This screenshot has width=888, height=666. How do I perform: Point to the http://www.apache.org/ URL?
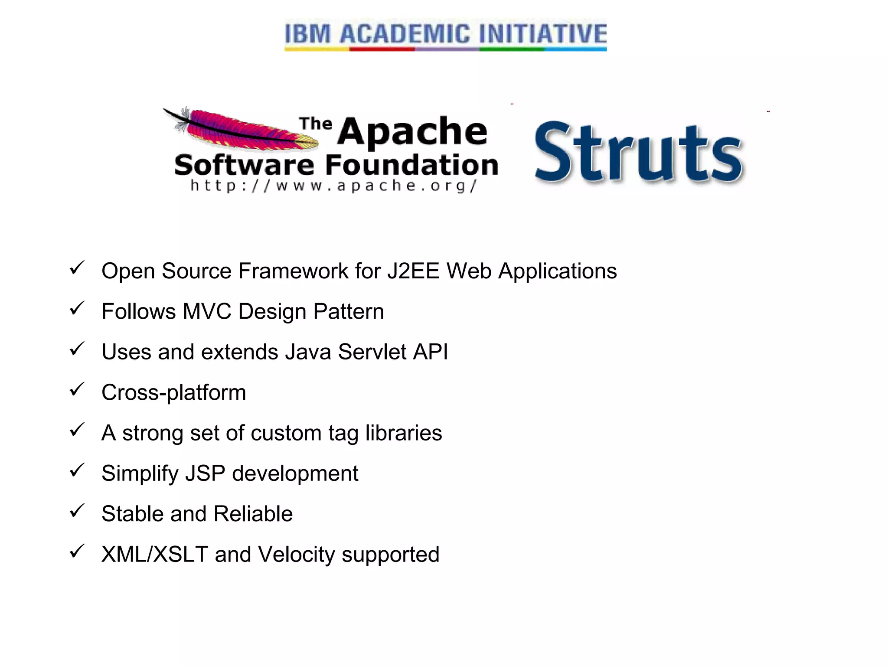pos(334,186)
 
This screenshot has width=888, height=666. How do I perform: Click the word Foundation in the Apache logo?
pos(411,165)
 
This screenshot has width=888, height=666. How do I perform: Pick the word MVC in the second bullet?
pos(207,311)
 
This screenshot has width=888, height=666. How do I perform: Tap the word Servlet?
pos(372,352)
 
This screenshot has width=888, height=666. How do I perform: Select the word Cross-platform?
pos(173,392)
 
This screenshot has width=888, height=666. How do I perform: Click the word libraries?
pos(403,433)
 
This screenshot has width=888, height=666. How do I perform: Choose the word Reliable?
pos(253,514)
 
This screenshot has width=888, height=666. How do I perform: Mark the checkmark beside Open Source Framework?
pos(77,268)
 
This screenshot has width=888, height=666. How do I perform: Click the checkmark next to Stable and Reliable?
pos(77,511)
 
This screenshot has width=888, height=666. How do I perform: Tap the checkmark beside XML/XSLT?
pos(77,551)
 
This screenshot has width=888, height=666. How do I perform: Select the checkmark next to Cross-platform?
pos(77,389)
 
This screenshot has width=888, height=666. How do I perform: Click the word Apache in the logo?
pos(412,131)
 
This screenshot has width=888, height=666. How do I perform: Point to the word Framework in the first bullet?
pos(293,271)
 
